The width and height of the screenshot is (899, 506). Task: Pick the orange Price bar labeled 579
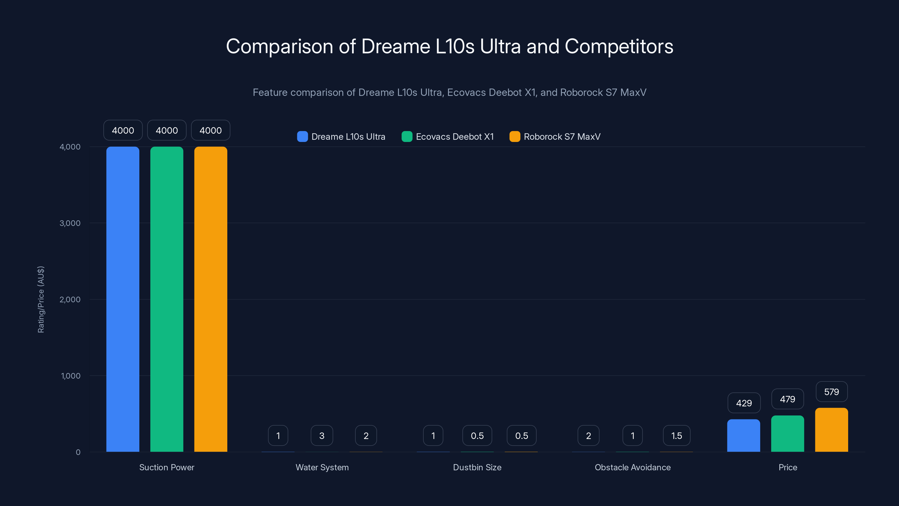(831, 430)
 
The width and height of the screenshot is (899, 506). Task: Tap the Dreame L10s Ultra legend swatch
(302, 137)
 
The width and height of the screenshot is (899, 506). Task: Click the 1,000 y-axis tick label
(71, 376)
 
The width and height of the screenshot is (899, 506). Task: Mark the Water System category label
(322, 467)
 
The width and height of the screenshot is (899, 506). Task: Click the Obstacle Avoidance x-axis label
(632, 467)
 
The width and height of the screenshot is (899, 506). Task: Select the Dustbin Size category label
(477, 467)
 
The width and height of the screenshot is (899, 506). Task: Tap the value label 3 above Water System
(322, 435)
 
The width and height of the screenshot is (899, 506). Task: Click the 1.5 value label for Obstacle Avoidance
(676, 435)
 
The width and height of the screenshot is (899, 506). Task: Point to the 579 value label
(831, 392)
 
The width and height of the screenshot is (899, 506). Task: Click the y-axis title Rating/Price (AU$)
(41, 299)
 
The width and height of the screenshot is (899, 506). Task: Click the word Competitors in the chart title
(619, 46)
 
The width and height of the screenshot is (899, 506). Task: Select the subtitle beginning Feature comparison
(449, 92)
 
